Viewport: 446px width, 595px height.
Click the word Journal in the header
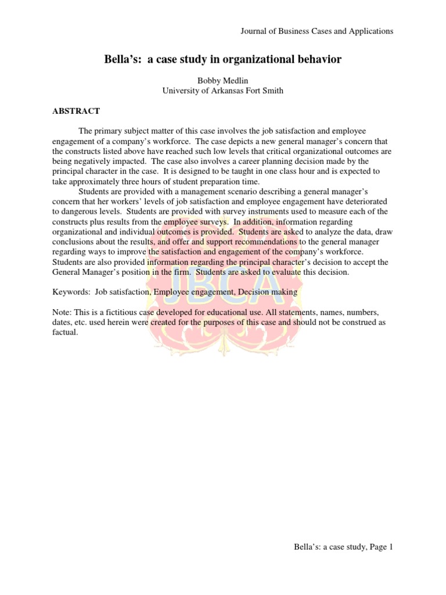tap(253, 31)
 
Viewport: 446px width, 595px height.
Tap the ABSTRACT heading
tap(77, 111)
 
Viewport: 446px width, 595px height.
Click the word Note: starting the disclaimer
tap(63, 313)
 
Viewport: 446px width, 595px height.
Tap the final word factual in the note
tap(64, 333)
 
